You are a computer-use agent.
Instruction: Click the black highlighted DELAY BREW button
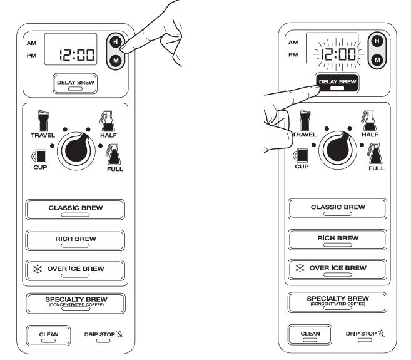[x=337, y=83]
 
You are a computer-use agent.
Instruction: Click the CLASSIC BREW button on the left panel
[x=75, y=208]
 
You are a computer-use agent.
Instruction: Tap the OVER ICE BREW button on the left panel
[x=75, y=270]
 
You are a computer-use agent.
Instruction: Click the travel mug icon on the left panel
[x=43, y=120]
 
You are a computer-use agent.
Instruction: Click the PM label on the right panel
[x=292, y=54]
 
